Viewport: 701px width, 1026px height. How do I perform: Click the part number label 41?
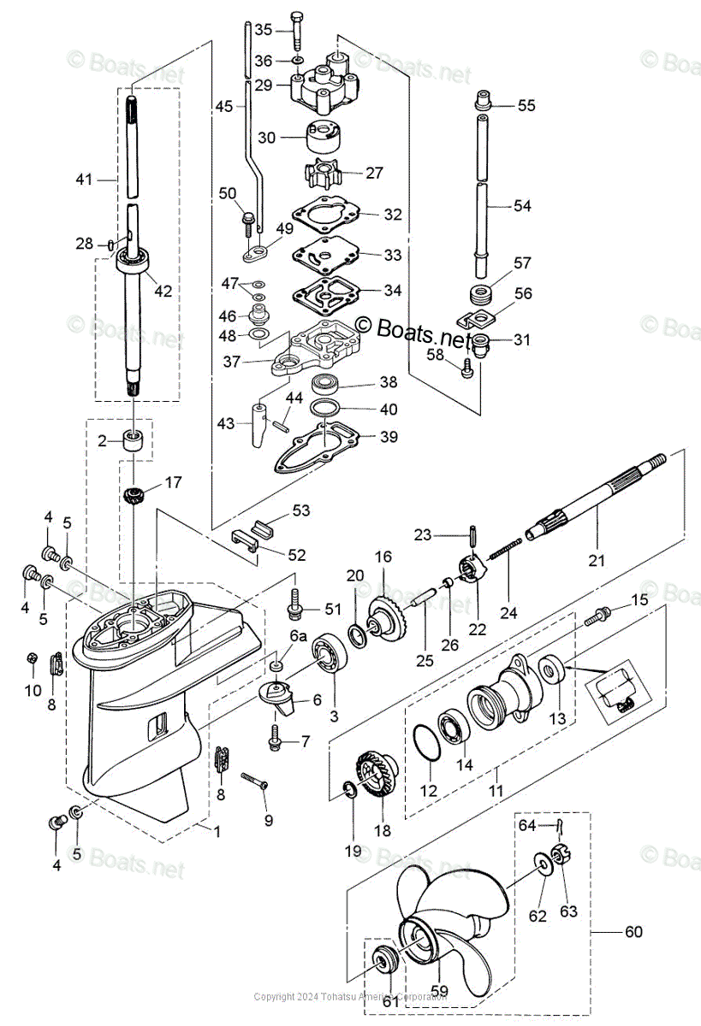point(83,180)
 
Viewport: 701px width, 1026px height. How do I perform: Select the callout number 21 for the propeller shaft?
point(596,561)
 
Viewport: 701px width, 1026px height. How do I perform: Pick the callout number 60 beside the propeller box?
point(633,931)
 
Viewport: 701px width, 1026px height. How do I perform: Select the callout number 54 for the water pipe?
point(521,206)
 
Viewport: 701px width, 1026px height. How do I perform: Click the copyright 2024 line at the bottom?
point(350,997)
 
